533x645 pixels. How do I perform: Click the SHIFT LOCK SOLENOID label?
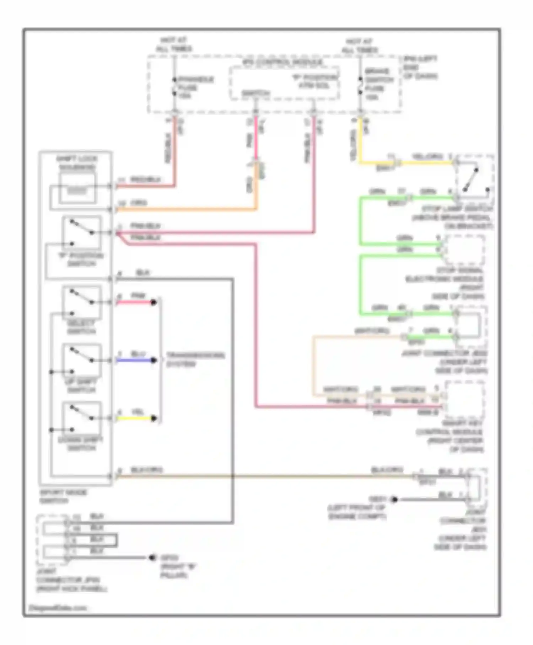77,163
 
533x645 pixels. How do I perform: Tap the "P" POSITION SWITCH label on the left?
81,260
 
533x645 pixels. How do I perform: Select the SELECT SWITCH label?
81,327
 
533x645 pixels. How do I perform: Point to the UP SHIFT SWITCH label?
81,386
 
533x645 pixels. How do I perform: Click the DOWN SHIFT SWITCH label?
81,444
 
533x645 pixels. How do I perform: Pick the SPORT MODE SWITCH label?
63,496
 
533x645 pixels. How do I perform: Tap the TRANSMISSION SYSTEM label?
195,359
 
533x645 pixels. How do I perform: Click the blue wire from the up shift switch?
135,361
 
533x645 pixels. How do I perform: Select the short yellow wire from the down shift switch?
135,419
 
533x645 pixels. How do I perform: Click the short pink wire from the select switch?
135,303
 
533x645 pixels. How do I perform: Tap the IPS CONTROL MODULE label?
283,63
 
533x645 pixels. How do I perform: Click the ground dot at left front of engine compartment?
394,500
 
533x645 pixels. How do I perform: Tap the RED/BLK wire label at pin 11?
145,180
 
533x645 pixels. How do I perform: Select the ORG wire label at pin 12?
138,203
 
